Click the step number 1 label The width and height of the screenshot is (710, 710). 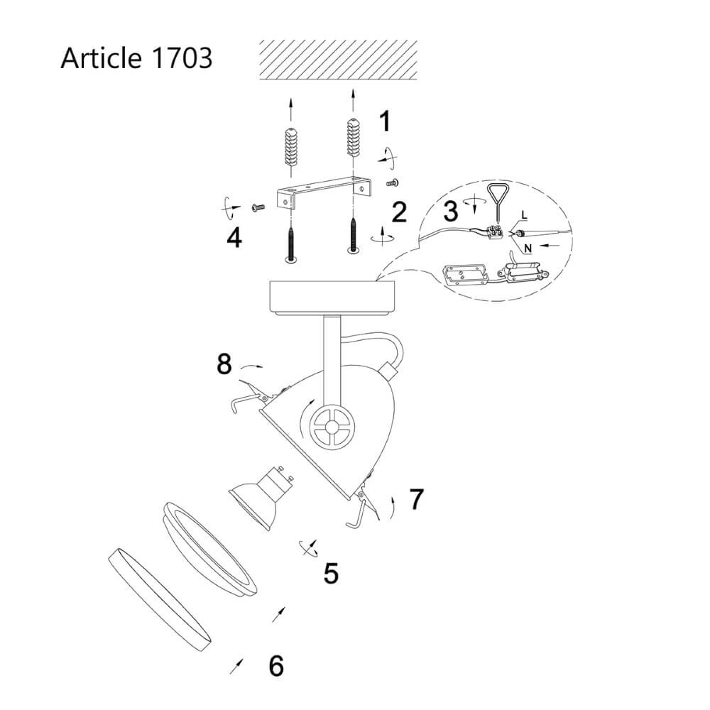pyautogui.click(x=384, y=121)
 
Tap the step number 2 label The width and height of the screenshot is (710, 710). pyautogui.click(x=399, y=212)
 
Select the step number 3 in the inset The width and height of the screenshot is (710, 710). pyautogui.click(x=449, y=211)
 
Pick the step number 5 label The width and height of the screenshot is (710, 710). pyautogui.click(x=331, y=573)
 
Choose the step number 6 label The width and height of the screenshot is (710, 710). pyautogui.click(x=276, y=666)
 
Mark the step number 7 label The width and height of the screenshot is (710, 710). pyautogui.click(x=416, y=499)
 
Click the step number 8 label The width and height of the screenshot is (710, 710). pyautogui.click(x=224, y=365)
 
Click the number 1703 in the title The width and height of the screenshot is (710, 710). pyautogui.click(x=182, y=58)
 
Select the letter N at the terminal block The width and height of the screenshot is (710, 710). pyautogui.click(x=528, y=248)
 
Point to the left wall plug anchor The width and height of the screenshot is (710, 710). pyautogui.click(x=290, y=146)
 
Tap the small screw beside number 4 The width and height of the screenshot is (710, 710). pyautogui.click(x=257, y=207)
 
